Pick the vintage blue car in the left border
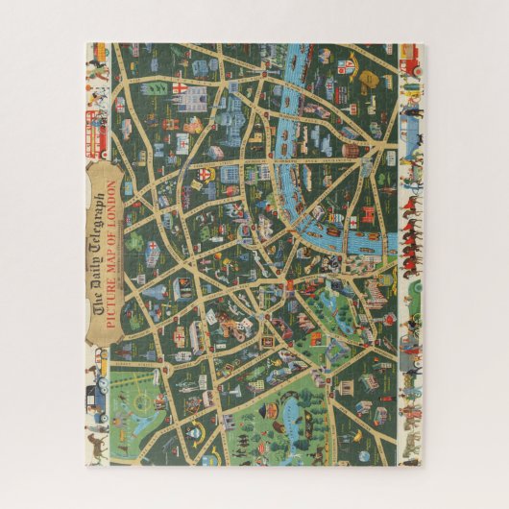[x=99, y=394]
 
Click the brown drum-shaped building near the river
[x=351, y=149]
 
